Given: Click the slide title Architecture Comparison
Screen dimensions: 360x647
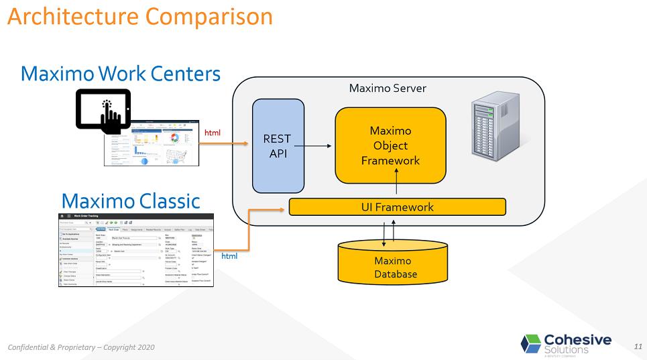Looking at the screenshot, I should (140, 16).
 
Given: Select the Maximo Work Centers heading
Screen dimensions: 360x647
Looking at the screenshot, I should (121, 73).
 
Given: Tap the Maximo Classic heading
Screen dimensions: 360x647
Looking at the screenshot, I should (131, 200).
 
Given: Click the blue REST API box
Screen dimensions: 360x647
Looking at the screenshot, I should (278, 145).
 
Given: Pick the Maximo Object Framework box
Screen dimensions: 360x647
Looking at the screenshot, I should (390, 145).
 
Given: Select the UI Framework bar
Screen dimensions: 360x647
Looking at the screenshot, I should (397, 207).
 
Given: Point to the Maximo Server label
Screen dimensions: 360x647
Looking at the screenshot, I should (387, 88).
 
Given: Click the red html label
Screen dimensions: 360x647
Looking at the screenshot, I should (212, 133).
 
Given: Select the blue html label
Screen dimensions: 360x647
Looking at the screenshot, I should (229, 255).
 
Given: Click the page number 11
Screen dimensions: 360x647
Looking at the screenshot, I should (637, 346).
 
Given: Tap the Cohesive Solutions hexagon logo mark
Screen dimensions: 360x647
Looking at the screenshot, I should (530, 343).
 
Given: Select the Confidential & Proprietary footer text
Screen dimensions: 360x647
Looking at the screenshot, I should (81, 347).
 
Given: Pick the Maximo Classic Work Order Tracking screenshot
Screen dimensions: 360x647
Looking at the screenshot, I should (136, 250).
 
